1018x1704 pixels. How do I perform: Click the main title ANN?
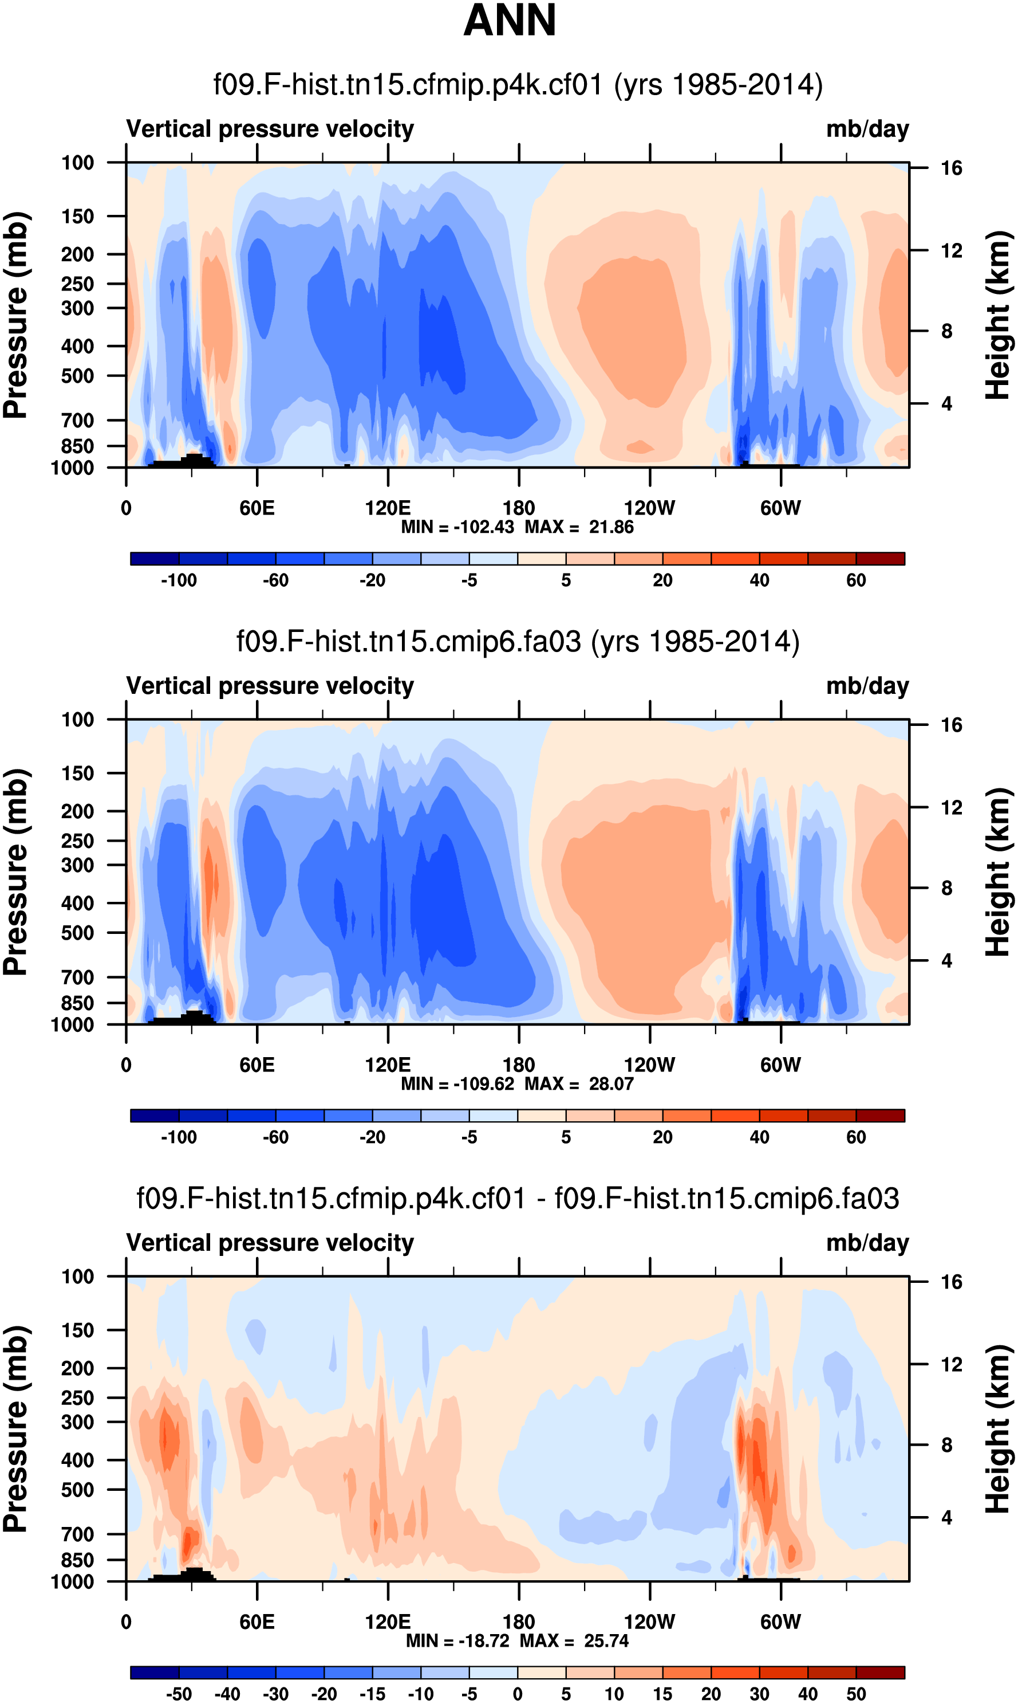click(x=509, y=21)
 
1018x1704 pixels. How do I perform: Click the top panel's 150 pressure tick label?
click(x=77, y=216)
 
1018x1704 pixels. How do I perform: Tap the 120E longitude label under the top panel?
click(x=388, y=509)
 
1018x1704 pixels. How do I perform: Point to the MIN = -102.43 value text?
click(x=457, y=527)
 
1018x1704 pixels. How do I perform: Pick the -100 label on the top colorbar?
click(x=179, y=580)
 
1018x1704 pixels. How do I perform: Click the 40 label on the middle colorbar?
click(x=759, y=1137)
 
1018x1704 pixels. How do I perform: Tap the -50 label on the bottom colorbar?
click(x=179, y=1694)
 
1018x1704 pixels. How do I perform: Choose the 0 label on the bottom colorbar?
click(x=518, y=1694)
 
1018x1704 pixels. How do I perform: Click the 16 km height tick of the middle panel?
click(x=952, y=725)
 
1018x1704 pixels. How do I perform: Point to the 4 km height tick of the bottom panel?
click(x=946, y=1517)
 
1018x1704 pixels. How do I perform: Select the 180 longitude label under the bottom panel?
click(x=519, y=1621)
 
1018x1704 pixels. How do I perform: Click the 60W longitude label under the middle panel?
click(x=780, y=1065)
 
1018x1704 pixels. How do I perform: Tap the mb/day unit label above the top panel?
click(x=867, y=129)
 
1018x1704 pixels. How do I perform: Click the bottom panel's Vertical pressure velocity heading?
click(x=270, y=1243)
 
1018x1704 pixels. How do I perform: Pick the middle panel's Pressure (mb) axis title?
click(x=15, y=872)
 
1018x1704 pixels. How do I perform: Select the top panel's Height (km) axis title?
click(x=998, y=315)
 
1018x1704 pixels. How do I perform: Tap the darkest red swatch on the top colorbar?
click(x=880, y=559)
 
